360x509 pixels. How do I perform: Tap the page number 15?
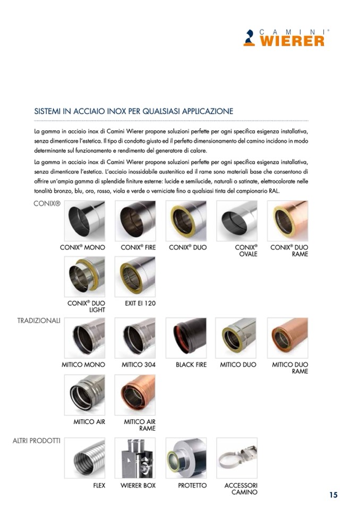[x=333, y=495]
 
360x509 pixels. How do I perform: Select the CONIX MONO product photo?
[x=84, y=221]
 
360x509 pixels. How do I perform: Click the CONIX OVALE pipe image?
[x=237, y=221]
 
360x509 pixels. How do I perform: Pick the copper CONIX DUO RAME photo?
[x=288, y=221]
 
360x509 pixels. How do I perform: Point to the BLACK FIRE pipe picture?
[x=186, y=338]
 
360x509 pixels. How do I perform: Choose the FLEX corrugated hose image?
[x=84, y=458]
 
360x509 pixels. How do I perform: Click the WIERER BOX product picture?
[x=135, y=458]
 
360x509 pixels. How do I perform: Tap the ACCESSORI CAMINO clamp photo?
[x=237, y=458]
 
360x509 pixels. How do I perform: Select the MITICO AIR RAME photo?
[x=135, y=395]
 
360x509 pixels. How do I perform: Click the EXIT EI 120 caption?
[x=140, y=303]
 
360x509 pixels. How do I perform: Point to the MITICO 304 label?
[x=139, y=365]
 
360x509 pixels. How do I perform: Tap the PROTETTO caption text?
[x=192, y=485]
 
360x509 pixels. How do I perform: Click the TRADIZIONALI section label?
[x=39, y=321]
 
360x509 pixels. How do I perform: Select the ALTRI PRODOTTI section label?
[x=36, y=441]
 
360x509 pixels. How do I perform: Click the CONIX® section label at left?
[x=47, y=203]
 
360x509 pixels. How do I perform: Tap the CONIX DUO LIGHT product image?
[x=84, y=277]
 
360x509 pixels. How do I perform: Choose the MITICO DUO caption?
[x=238, y=365]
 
